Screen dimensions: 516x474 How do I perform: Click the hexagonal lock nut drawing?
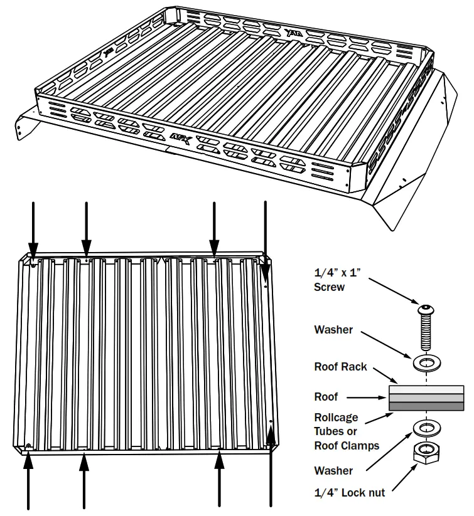tap(426, 453)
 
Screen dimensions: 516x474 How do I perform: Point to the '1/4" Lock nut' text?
tap(349, 492)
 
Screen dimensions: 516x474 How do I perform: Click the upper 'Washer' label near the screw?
tap(333, 329)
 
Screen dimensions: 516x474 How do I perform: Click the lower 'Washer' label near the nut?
tap(333, 471)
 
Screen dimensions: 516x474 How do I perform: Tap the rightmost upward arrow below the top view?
tap(271, 467)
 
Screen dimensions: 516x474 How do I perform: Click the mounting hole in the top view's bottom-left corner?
tap(30, 446)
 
